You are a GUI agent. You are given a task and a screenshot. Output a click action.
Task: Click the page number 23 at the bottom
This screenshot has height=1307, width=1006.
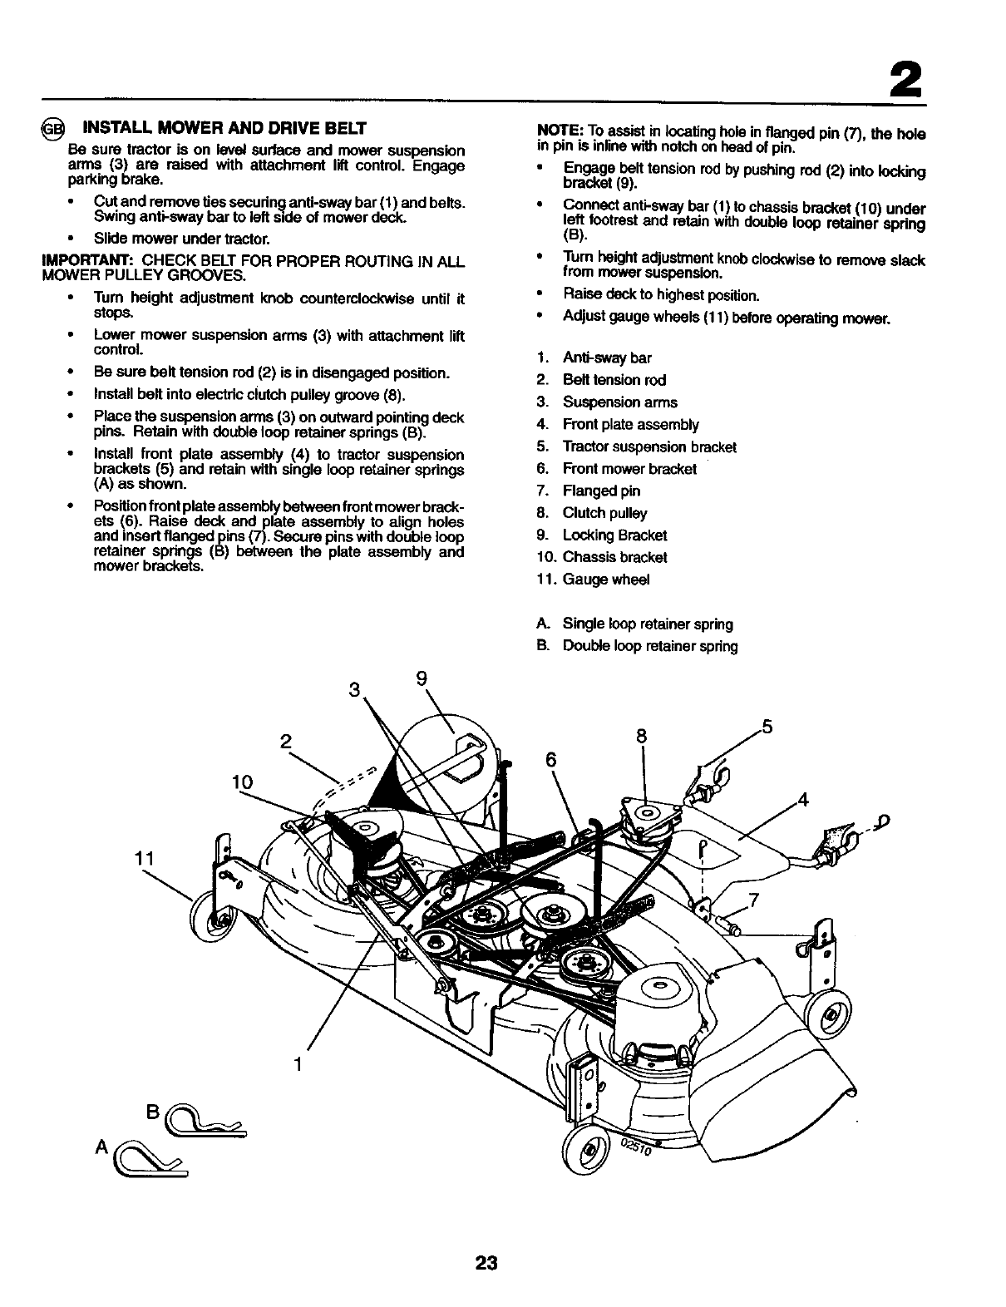pyautogui.click(x=486, y=1264)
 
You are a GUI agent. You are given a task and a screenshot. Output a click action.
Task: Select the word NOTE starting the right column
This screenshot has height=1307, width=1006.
pyautogui.click(x=560, y=132)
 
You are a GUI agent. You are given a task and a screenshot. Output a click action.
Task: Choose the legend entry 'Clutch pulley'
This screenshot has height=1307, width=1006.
pyautogui.click(x=604, y=513)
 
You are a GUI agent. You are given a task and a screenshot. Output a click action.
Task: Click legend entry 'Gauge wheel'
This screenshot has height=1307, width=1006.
pyautogui.click(x=605, y=580)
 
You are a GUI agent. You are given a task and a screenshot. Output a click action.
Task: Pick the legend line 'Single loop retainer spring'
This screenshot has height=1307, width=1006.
pyautogui.click(x=647, y=624)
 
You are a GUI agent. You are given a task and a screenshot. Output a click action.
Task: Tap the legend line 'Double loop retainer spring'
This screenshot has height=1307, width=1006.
pyautogui.click(x=649, y=646)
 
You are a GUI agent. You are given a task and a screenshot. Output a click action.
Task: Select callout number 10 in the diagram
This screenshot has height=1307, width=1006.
pyautogui.click(x=242, y=782)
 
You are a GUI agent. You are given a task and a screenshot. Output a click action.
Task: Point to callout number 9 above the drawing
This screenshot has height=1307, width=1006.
pyautogui.click(x=422, y=678)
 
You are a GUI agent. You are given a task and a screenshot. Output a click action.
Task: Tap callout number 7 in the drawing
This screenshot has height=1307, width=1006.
pyautogui.click(x=753, y=900)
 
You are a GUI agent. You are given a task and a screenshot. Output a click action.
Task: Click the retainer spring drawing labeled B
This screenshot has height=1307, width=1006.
pyautogui.click(x=205, y=1127)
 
